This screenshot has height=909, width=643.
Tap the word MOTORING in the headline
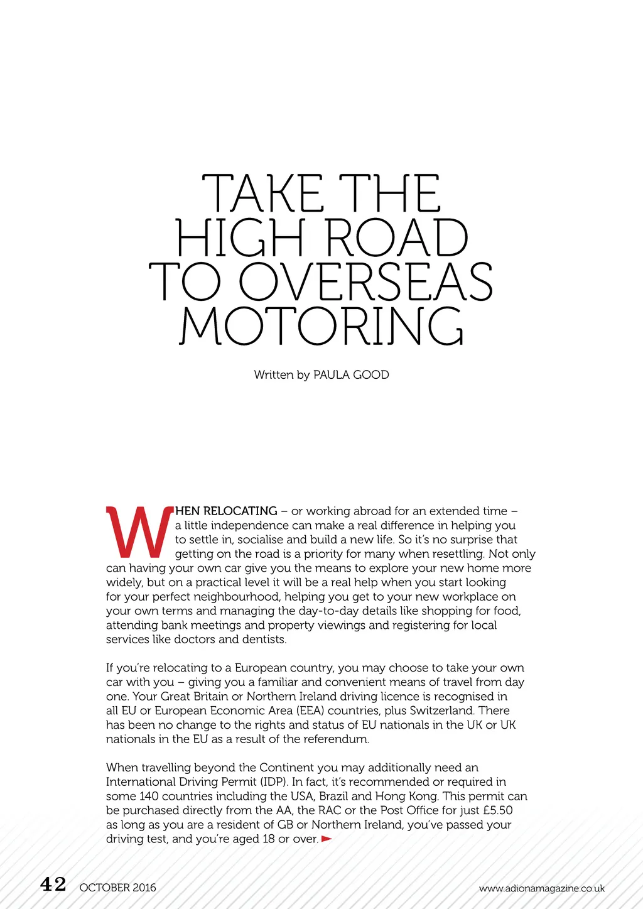click(x=321, y=327)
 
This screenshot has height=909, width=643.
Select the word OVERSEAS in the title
click(x=365, y=282)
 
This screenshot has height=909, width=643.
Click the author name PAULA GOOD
click(x=351, y=375)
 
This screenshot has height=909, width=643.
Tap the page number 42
click(x=53, y=885)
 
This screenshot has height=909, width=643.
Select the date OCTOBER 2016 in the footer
click(x=118, y=888)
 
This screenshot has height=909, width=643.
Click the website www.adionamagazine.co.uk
click(x=541, y=888)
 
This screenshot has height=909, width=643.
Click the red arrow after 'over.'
click(x=327, y=839)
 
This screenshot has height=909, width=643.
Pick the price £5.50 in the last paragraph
click(x=498, y=810)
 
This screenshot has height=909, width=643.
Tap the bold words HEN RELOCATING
click(x=226, y=511)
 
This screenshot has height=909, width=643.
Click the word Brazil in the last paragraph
click(x=333, y=796)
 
